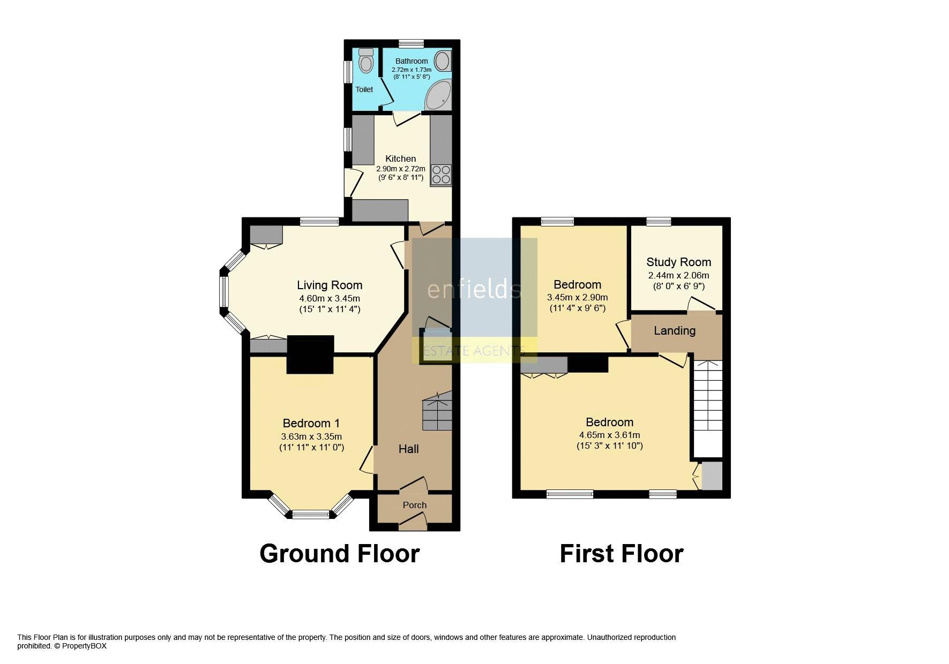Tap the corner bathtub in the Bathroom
tap(438, 95)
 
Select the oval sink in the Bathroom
tap(443, 61)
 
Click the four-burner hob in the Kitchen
tap(441, 174)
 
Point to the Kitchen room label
tap(401, 159)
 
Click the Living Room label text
tap(330, 285)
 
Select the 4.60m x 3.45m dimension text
tap(330, 299)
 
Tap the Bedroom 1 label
tap(311, 423)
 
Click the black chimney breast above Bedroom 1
tap(310, 354)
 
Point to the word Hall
tap(408, 449)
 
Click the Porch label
tap(415, 505)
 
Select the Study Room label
tap(678, 262)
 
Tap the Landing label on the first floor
tap(675, 330)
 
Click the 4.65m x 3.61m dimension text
tap(609, 435)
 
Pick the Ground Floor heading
tap(339, 554)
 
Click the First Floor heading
tap(622, 554)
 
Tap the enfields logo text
tap(474, 289)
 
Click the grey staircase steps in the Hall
tap(438, 411)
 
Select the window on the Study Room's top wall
tap(659, 221)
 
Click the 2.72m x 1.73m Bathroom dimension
tap(412, 70)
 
